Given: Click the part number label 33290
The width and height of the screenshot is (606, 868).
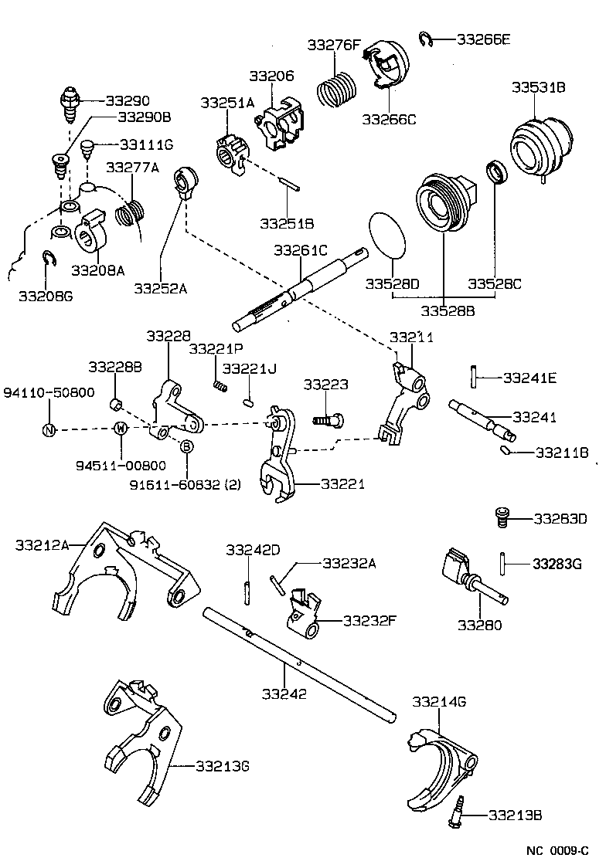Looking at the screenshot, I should (128, 100).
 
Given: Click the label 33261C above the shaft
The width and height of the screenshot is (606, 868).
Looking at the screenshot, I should (301, 251).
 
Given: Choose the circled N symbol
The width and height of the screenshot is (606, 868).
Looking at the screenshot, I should (49, 430).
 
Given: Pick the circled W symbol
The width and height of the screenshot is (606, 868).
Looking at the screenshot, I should (121, 428).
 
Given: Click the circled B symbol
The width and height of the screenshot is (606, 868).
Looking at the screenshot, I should (186, 446).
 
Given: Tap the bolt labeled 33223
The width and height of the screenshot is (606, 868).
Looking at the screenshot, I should (329, 419).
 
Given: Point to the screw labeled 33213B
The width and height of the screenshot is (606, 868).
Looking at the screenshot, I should (455, 812).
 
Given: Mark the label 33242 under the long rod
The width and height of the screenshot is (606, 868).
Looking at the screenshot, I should (284, 693).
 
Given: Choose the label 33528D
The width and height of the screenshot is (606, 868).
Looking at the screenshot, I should (392, 283).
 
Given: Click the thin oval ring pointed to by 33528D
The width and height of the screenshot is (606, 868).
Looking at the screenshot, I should (386, 235).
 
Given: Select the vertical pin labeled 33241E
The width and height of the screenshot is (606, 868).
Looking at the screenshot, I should (472, 376).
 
